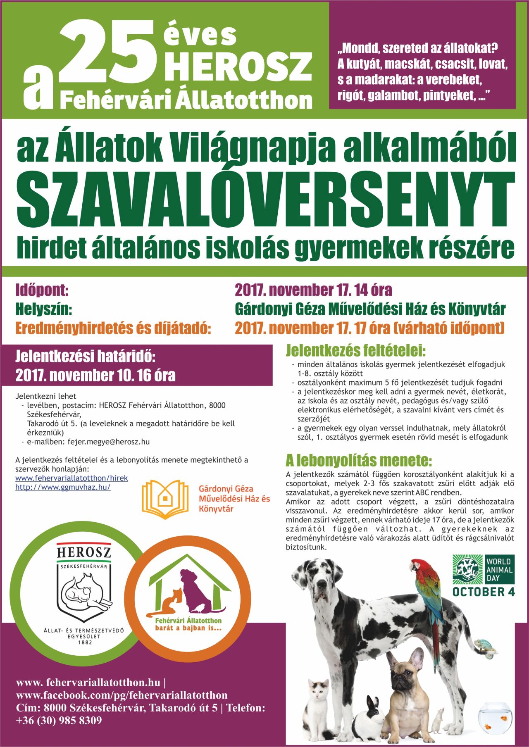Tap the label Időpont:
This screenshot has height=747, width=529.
(42, 290)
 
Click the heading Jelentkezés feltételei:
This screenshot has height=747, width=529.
(355, 351)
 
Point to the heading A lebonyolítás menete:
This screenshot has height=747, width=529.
(359, 460)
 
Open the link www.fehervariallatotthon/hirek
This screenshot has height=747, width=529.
(71, 478)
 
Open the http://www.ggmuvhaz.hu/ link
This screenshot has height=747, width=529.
(63, 487)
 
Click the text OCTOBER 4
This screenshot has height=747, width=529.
(483, 592)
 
